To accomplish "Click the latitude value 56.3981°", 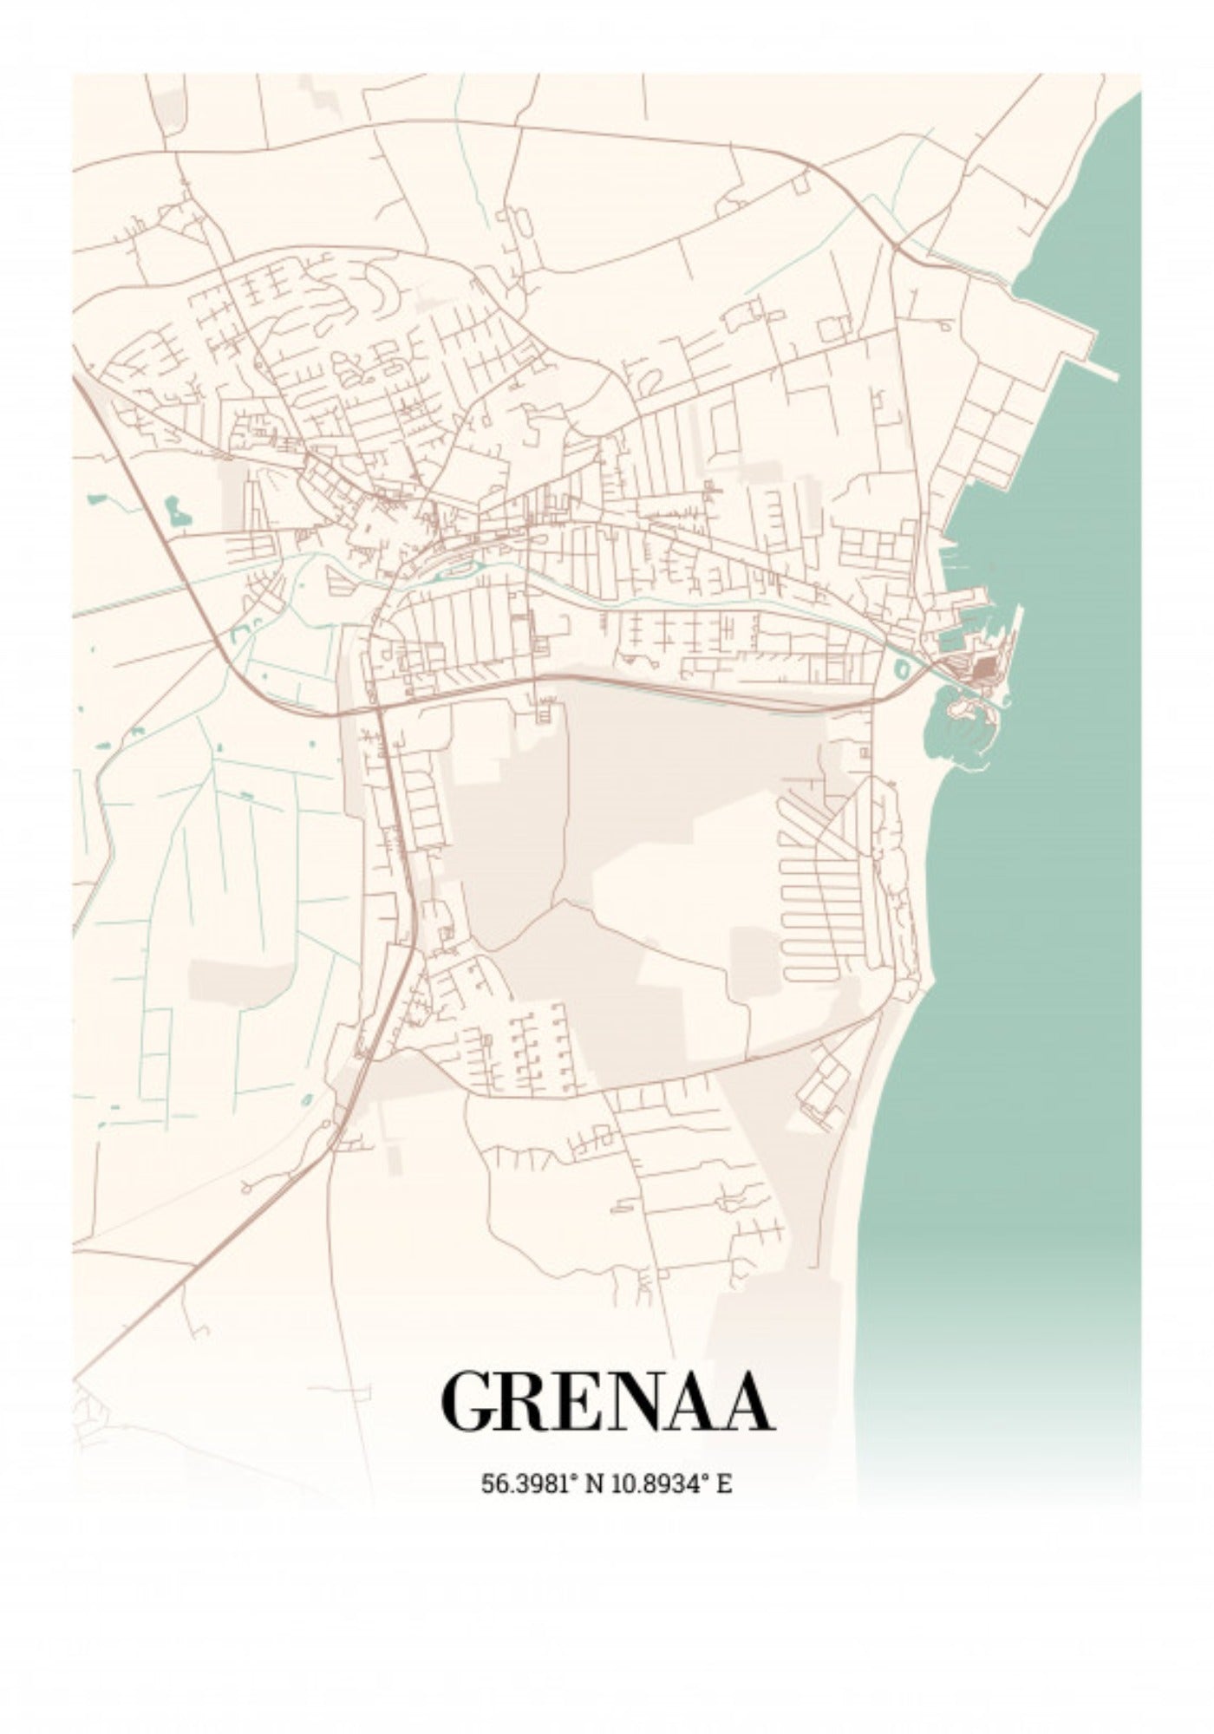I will [529, 1483].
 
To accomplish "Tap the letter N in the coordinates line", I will [595, 1483].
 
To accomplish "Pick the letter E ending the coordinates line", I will [723, 1483].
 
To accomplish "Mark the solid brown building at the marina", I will [984, 668].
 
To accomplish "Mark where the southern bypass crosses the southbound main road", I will [379, 709].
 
